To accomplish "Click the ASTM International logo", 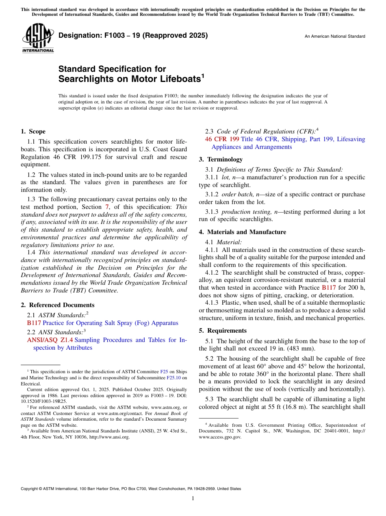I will (38, 39).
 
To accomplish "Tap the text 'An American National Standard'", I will (335, 37).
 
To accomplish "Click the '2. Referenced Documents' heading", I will (57, 305).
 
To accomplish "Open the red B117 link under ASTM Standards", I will (34, 323).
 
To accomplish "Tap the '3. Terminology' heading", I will (221, 159).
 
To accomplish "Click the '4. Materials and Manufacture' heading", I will (242, 232).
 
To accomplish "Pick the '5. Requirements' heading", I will (223, 331).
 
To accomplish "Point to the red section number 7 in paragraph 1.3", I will (107, 207).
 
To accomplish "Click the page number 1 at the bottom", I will (193, 498).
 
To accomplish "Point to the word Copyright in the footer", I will (30, 489).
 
